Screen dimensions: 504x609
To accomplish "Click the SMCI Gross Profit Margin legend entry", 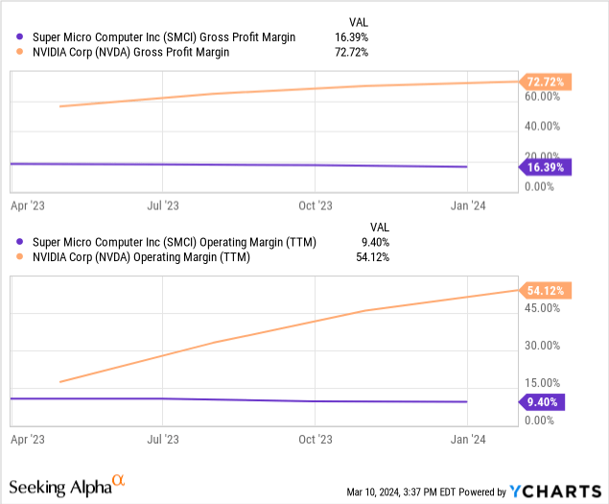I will pyautogui.click(x=163, y=37).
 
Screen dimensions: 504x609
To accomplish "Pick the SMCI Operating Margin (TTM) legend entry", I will pyautogui.click(x=174, y=242).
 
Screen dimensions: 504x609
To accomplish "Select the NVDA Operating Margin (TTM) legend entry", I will pyautogui.click(x=141, y=257).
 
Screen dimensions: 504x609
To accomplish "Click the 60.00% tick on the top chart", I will pyautogui.click(x=543, y=97).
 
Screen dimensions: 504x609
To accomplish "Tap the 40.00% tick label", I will pyautogui.click(x=543, y=126).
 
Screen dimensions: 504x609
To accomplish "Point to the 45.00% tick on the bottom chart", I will pyautogui.click(x=543, y=308).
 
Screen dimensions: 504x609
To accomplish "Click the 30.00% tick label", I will pyautogui.click(x=543, y=346).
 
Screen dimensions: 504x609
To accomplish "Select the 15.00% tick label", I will pyautogui.click(x=543, y=383).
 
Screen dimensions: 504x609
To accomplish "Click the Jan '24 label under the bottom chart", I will pyautogui.click(x=466, y=439).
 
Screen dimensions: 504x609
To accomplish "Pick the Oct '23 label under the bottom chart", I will pyautogui.click(x=315, y=439).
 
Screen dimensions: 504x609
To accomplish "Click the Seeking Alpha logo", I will pyautogui.click(x=68, y=486).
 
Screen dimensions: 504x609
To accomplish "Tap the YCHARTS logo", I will pyautogui.click(x=549, y=492).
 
